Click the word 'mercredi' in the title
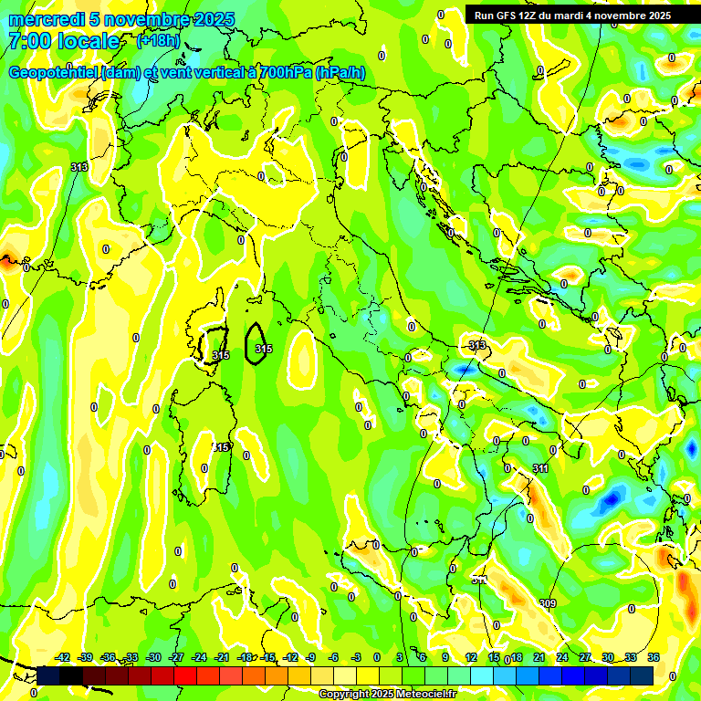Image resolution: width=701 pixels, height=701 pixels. point(40,19)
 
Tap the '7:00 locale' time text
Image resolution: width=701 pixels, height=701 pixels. point(64,41)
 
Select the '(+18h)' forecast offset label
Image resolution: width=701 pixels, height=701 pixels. point(158,41)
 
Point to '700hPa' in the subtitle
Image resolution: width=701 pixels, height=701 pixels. point(280,73)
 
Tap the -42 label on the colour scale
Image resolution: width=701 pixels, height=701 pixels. point(63,657)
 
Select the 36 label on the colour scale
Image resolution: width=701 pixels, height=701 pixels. point(654,657)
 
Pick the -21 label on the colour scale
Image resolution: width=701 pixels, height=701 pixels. point(222,657)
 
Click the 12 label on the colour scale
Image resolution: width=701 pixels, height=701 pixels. point(471,657)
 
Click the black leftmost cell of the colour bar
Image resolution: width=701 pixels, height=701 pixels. point(47,675)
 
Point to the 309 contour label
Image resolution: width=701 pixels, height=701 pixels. point(548,603)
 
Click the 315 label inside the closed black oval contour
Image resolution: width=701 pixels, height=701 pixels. point(264,349)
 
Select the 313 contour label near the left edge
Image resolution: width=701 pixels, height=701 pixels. point(79,167)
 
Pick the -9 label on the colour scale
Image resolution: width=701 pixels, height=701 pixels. point(312,657)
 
